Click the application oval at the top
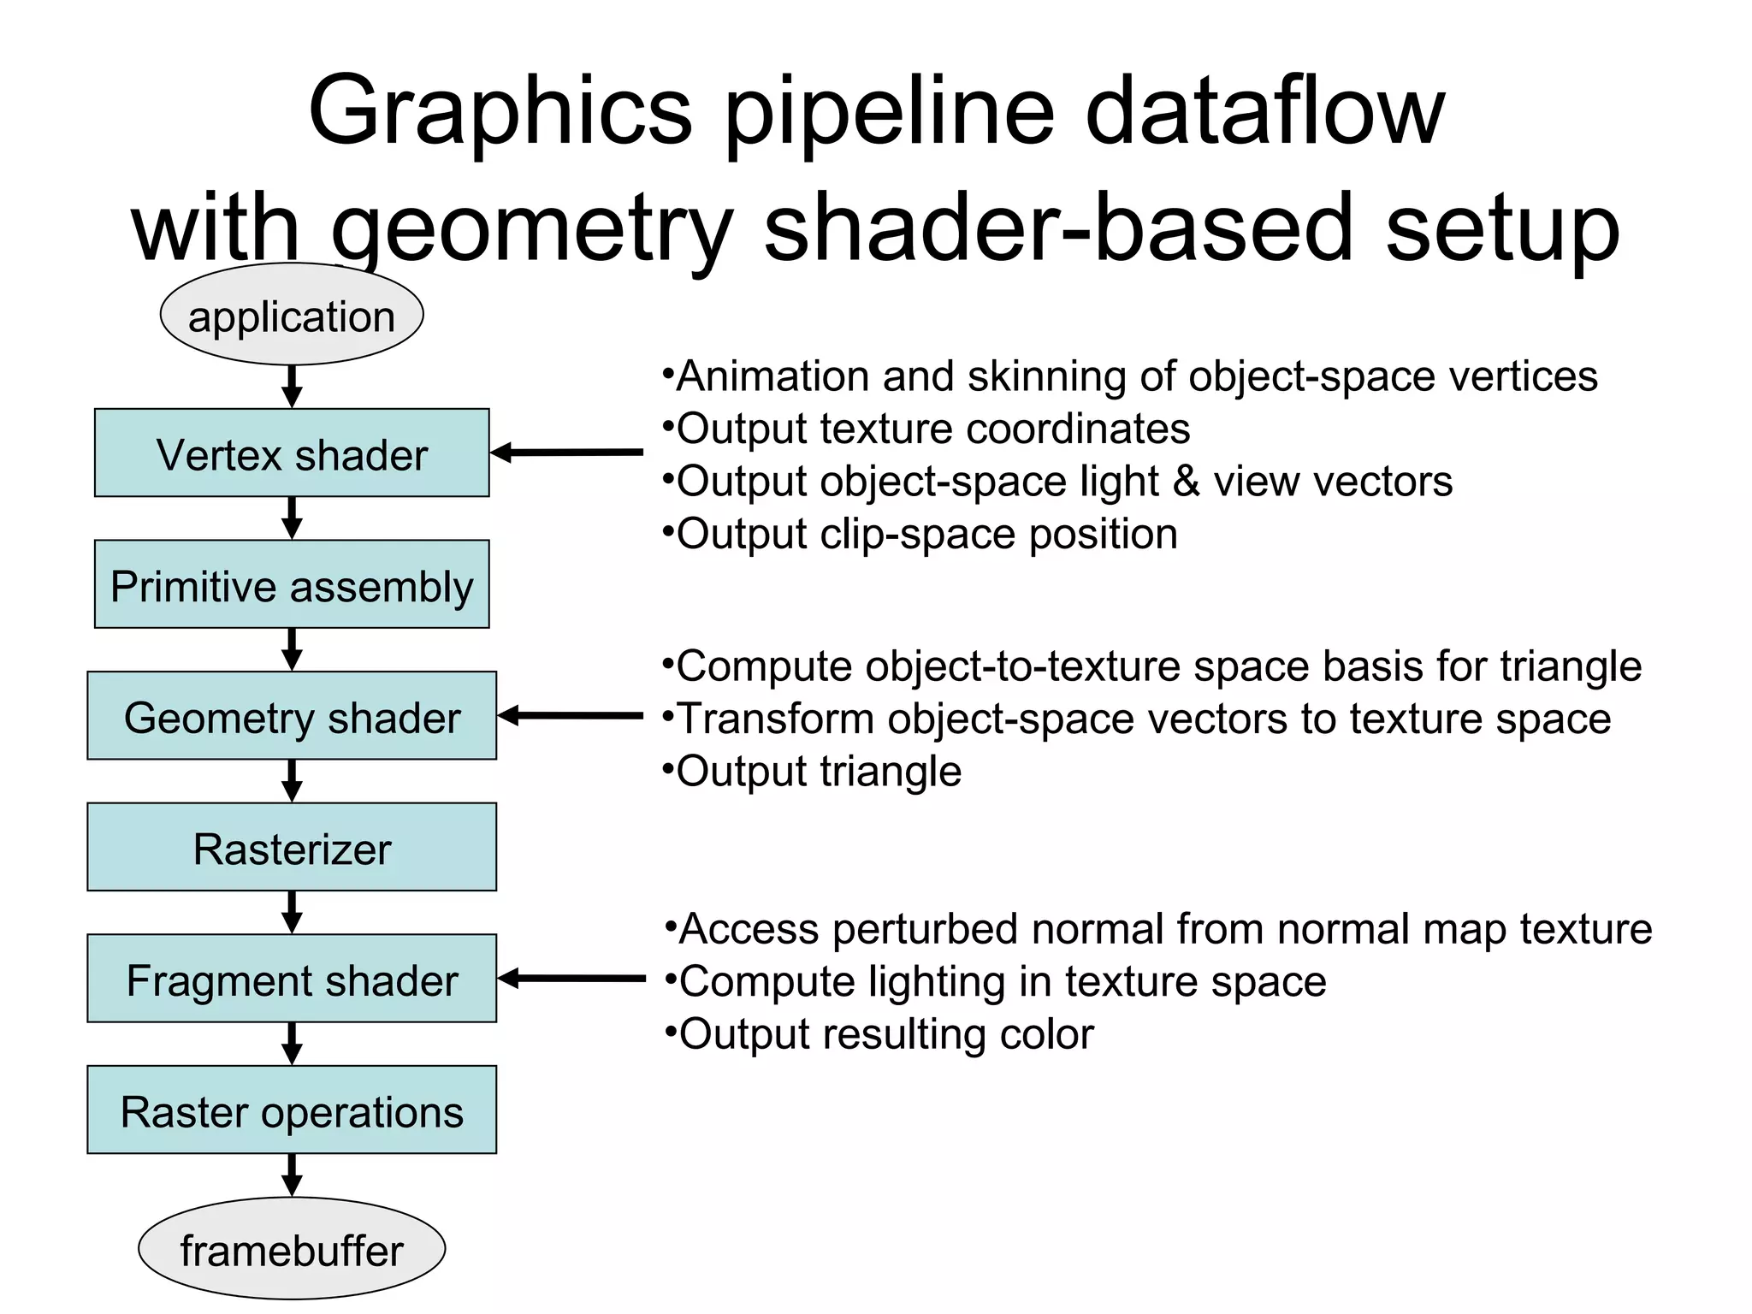coord(292,316)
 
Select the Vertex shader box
coord(292,453)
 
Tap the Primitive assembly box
coord(292,585)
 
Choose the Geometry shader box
coord(292,716)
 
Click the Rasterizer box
coord(292,848)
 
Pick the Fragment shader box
coord(292,979)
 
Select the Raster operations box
coord(292,1110)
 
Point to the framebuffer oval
coord(292,1249)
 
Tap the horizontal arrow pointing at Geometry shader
coord(571,715)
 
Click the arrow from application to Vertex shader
coord(292,387)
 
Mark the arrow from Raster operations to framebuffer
coord(292,1175)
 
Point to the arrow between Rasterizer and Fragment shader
coord(292,912)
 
